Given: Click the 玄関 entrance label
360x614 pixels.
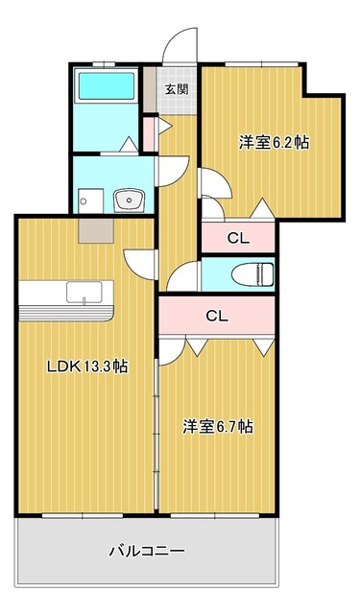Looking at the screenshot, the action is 177,89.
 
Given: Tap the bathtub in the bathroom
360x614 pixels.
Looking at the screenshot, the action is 107,86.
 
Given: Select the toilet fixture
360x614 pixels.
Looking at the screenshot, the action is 252,274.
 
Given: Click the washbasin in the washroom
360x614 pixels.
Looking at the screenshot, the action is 128,201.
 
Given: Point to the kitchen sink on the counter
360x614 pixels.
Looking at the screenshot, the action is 84,292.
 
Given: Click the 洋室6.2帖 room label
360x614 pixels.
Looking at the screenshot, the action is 275,143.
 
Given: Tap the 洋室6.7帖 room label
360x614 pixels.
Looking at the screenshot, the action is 217,426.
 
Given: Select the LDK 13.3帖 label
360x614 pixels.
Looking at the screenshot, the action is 87,366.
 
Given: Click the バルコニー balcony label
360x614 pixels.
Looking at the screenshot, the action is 147,552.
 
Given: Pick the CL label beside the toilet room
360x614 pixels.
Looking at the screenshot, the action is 239,239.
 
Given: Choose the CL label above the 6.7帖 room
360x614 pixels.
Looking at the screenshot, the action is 217,316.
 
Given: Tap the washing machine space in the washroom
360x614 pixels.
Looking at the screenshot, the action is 90,201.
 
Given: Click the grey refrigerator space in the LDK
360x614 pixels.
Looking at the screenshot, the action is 96,230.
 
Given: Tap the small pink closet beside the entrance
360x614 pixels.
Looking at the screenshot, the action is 148,134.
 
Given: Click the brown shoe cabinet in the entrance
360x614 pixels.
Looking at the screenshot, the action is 149,89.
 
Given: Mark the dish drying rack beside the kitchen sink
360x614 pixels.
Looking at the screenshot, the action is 66,313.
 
